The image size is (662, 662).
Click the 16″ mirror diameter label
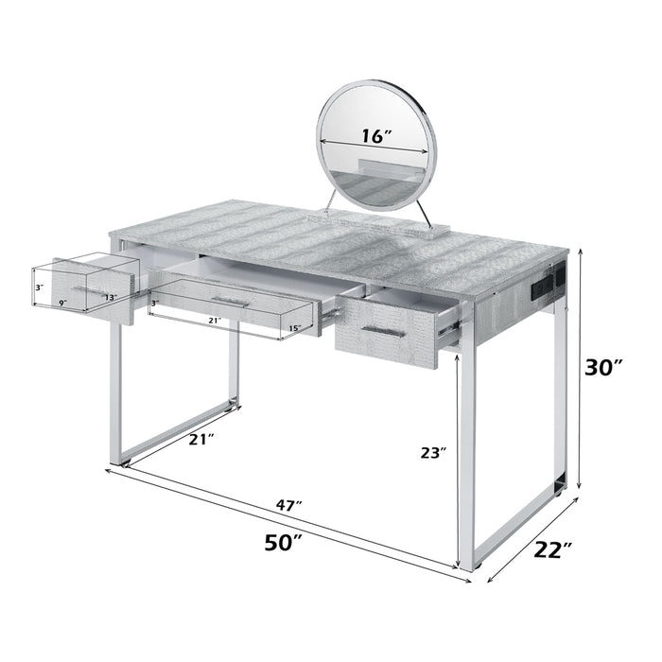click(x=376, y=136)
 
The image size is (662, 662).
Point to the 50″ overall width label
click(x=283, y=543)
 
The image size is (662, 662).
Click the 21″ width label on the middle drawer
click(x=214, y=322)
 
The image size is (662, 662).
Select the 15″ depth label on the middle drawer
click(x=293, y=327)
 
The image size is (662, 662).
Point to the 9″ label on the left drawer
click(x=61, y=303)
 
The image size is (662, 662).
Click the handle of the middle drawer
click(x=231, y=302)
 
